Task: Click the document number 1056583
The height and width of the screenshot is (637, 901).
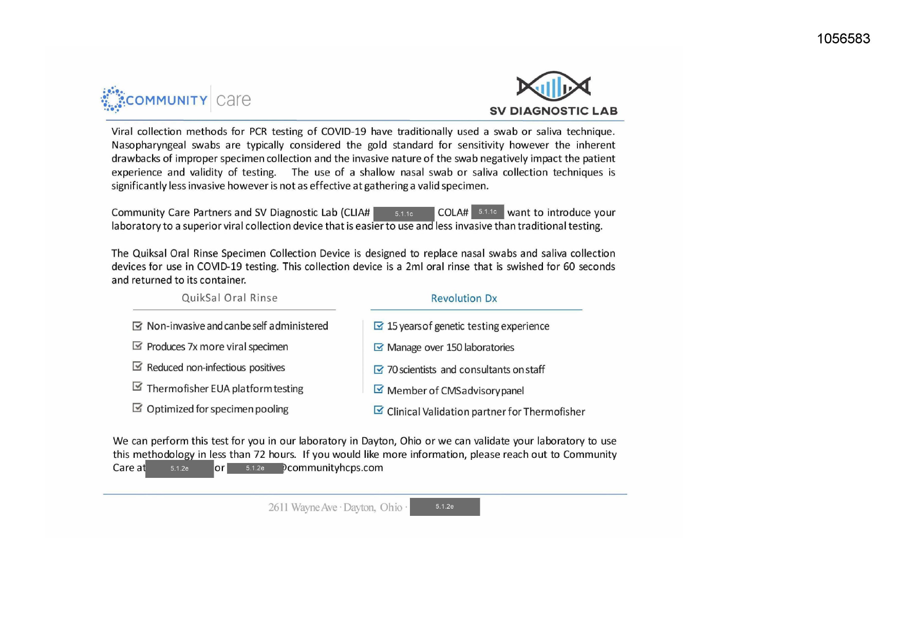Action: [x=843, y=38]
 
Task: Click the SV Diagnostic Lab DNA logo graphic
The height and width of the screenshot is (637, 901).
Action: [x=553, y=86]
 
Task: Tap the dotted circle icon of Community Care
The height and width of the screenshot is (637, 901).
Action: [x=113, y=99]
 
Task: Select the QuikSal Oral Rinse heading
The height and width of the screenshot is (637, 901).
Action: [x=230, y=298]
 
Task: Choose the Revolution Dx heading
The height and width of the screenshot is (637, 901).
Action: [x=464, y=299]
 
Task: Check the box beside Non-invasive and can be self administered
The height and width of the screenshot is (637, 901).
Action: [x=137, y=326]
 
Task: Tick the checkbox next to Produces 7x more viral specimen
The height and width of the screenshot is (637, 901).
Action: [x=137, y=346]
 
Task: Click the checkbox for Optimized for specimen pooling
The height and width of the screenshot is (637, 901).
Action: [x=137, y=408]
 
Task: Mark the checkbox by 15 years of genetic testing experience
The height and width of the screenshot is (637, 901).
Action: [x=379, y=326]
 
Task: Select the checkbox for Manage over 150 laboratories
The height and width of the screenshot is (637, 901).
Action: [x=379, y=347]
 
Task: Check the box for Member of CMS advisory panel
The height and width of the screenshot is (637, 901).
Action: [x=379, y=390]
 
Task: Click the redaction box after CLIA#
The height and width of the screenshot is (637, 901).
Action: [x=404, y=214]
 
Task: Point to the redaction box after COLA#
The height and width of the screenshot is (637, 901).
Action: [x=487, y=211]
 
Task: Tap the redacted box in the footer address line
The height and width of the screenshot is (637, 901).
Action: [x=444, y=507]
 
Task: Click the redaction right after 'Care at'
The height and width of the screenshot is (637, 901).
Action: [x=179, y=469]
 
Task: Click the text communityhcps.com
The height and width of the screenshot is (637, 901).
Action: [x=335, y=468]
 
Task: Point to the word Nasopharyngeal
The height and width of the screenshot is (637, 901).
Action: [x=148, y=145]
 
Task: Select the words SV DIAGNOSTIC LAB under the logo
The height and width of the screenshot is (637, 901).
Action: [x=553, y=111]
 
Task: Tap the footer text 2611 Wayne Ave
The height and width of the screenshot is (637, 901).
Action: [x=303, y=508]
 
